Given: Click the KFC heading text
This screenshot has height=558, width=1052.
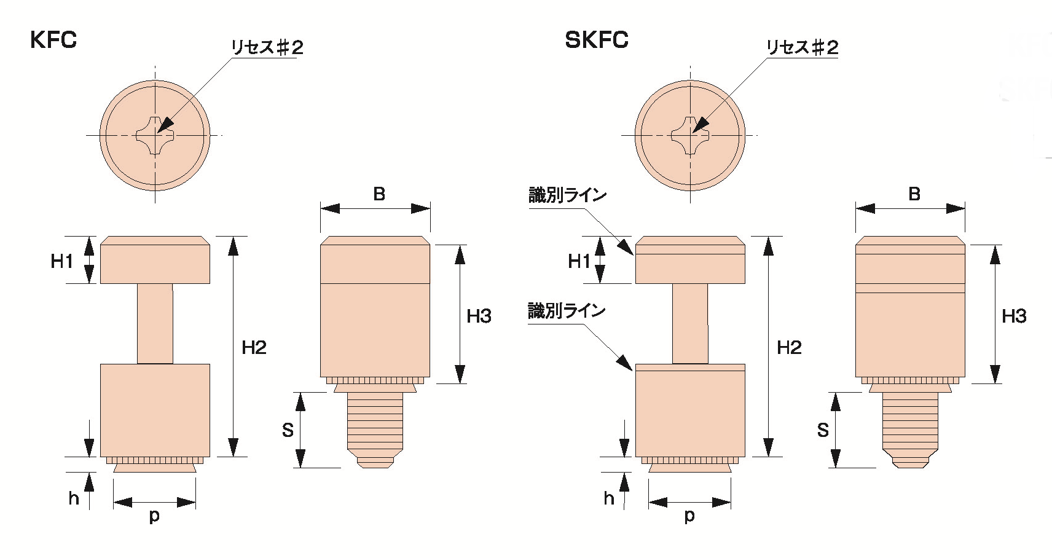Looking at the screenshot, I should [x=53, y=40].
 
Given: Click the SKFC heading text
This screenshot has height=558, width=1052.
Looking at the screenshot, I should [x=596, y=40].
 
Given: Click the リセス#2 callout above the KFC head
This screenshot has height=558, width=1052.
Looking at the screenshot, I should [x=267, y=47].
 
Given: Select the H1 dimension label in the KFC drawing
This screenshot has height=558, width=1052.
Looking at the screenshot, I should [x=61, y=261].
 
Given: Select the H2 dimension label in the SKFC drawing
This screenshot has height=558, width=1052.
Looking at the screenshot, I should [x=789, y=348].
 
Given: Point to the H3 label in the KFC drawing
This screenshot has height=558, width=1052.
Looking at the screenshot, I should [x=479, y=316].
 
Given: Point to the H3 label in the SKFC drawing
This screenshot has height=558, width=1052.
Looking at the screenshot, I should [x=1014, y=316].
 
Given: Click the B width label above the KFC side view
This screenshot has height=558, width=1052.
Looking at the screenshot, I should [x=379, y=194].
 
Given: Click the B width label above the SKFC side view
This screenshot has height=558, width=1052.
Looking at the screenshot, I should [x=914, y=194].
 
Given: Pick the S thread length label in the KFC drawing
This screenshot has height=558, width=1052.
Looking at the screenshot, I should [x=288, y=430].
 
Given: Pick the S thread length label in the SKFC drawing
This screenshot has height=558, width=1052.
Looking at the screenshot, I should [x=823, y=430].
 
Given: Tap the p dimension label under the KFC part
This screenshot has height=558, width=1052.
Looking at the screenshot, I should [x=154, y=516].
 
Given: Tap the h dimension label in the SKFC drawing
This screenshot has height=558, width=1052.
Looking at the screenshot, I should [x=608, y=498].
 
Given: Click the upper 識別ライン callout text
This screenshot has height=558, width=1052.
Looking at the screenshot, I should [x=567, y=195].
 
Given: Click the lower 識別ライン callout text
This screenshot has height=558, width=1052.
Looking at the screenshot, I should [x=567, y=311].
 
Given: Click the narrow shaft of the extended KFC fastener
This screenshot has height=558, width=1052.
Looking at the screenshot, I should [x=155, y=323].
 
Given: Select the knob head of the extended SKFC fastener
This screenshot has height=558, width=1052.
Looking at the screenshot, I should [x=690, y=260].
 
